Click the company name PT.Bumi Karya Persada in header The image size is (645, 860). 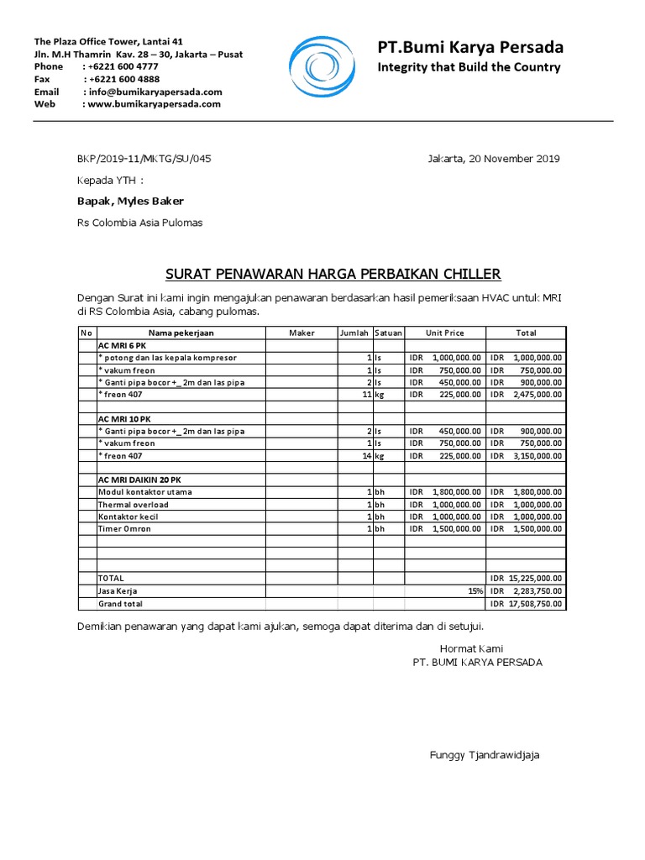click(x=470, y=46)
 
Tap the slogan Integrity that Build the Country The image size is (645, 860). click(x=469, y=67)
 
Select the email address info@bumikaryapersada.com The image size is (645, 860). click(x=155, y=92)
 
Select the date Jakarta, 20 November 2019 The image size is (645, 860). click(x=493, y=159)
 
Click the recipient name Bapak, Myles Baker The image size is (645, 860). click(x=130, y=201)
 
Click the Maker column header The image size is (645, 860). click(x=302, y=333)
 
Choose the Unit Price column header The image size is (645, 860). click(x=444, y=333)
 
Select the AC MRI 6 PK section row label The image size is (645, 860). click(x=123, y=345)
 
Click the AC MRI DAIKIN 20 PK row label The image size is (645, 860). click(x=139, y=480)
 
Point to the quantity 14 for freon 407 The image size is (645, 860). click(x=366, y=455)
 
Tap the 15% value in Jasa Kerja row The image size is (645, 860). click(x=475, y=591)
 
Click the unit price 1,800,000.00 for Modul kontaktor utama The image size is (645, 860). click(x=457, y=492)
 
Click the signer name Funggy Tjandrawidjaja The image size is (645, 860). click(x=485, y=755)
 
